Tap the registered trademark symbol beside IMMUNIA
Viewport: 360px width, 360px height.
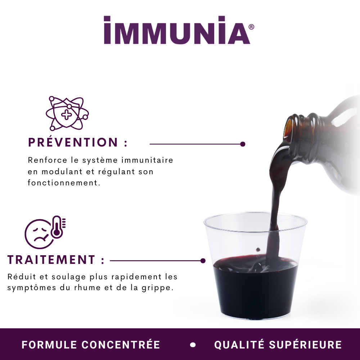251,27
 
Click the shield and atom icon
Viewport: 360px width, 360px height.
67,113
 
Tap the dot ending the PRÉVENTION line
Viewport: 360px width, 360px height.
243,144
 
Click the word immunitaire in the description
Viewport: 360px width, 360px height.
147,160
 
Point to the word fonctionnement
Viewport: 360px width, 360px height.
64,183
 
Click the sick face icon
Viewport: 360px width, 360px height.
39,234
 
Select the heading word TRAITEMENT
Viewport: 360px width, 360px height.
51,260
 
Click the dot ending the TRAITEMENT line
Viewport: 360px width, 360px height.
203,261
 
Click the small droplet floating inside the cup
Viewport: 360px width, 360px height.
258,249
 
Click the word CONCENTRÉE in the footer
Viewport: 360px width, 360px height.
121,345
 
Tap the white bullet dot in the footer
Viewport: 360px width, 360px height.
193,345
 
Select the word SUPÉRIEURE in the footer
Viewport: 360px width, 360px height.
305,345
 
